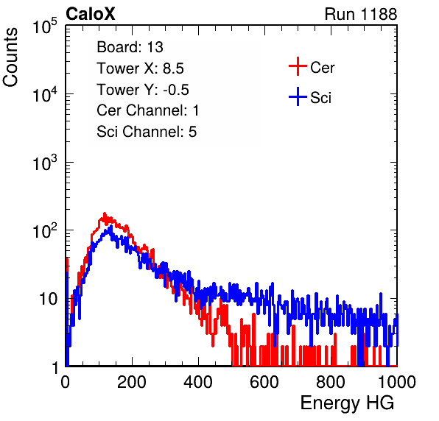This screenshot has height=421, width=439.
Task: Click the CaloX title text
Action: point(91,14)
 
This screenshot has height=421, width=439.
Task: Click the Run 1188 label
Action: point(361,14)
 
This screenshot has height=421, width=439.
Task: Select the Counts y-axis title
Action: point(10,57)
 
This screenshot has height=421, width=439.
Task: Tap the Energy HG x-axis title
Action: point(347,403)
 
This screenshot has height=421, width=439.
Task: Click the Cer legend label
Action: point(322,68)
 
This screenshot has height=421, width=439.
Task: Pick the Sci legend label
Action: point(320,98)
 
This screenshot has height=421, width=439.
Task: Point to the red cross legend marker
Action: point(298,66)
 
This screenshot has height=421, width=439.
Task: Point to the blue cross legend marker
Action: point(298,96)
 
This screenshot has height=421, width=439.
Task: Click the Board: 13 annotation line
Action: point(130,47)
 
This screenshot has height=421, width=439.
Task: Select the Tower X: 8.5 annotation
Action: point(140,68)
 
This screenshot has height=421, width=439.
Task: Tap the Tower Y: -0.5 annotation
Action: point(143,90)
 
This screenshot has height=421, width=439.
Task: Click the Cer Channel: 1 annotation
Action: point(148,110)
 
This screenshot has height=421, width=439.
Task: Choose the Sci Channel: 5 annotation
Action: point(147,132)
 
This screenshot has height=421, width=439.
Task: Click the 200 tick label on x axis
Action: point(132,382)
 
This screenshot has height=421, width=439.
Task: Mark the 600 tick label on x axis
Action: point(264,382)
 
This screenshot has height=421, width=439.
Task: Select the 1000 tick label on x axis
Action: point(397,382)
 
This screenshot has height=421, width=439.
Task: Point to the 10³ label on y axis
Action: point(45,163)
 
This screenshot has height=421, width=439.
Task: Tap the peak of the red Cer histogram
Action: point(105,213)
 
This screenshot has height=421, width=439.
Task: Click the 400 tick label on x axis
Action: point(198,382)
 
